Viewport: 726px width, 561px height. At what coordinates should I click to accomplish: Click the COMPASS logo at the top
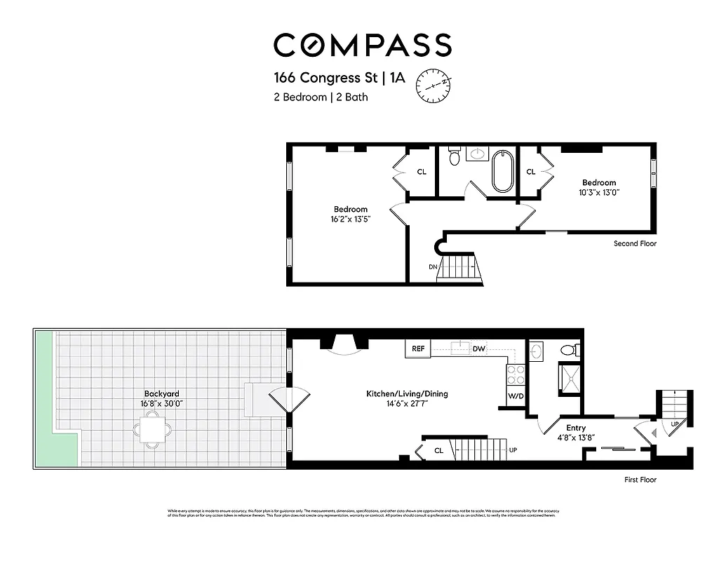[x=362, y=45]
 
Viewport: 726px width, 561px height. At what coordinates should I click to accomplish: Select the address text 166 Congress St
[x=324, y=78]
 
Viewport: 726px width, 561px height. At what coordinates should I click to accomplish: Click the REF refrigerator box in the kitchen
[x=418, y=349]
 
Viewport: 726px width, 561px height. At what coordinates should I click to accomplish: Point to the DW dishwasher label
[x=478, y=349]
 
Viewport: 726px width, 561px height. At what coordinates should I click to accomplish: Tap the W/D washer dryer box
[x=516, y=396]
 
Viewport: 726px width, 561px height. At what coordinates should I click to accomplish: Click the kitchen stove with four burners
[x=516, y=374]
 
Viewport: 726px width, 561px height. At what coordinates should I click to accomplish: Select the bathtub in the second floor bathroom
[x=503, y=171]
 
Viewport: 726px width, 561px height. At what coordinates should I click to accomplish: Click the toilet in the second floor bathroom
[x=455, y=158]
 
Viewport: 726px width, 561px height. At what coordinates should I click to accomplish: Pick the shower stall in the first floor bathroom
[x=569, y=379]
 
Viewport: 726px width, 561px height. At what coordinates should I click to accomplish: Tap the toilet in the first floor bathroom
[x=571, y=349]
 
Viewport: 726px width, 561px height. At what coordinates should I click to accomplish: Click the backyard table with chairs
[x=152, y=428]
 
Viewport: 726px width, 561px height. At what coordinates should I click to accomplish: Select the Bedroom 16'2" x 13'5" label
[x=350, y=214]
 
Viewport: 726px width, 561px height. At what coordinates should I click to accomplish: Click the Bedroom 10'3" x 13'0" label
[x=598, y=187]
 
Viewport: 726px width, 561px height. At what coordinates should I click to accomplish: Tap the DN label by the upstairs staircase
[x=433, y=267]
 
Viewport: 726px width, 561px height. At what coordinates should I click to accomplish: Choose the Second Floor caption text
[x=635, y=244]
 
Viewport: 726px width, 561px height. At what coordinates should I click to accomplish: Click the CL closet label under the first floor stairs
[x=438, y=451]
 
